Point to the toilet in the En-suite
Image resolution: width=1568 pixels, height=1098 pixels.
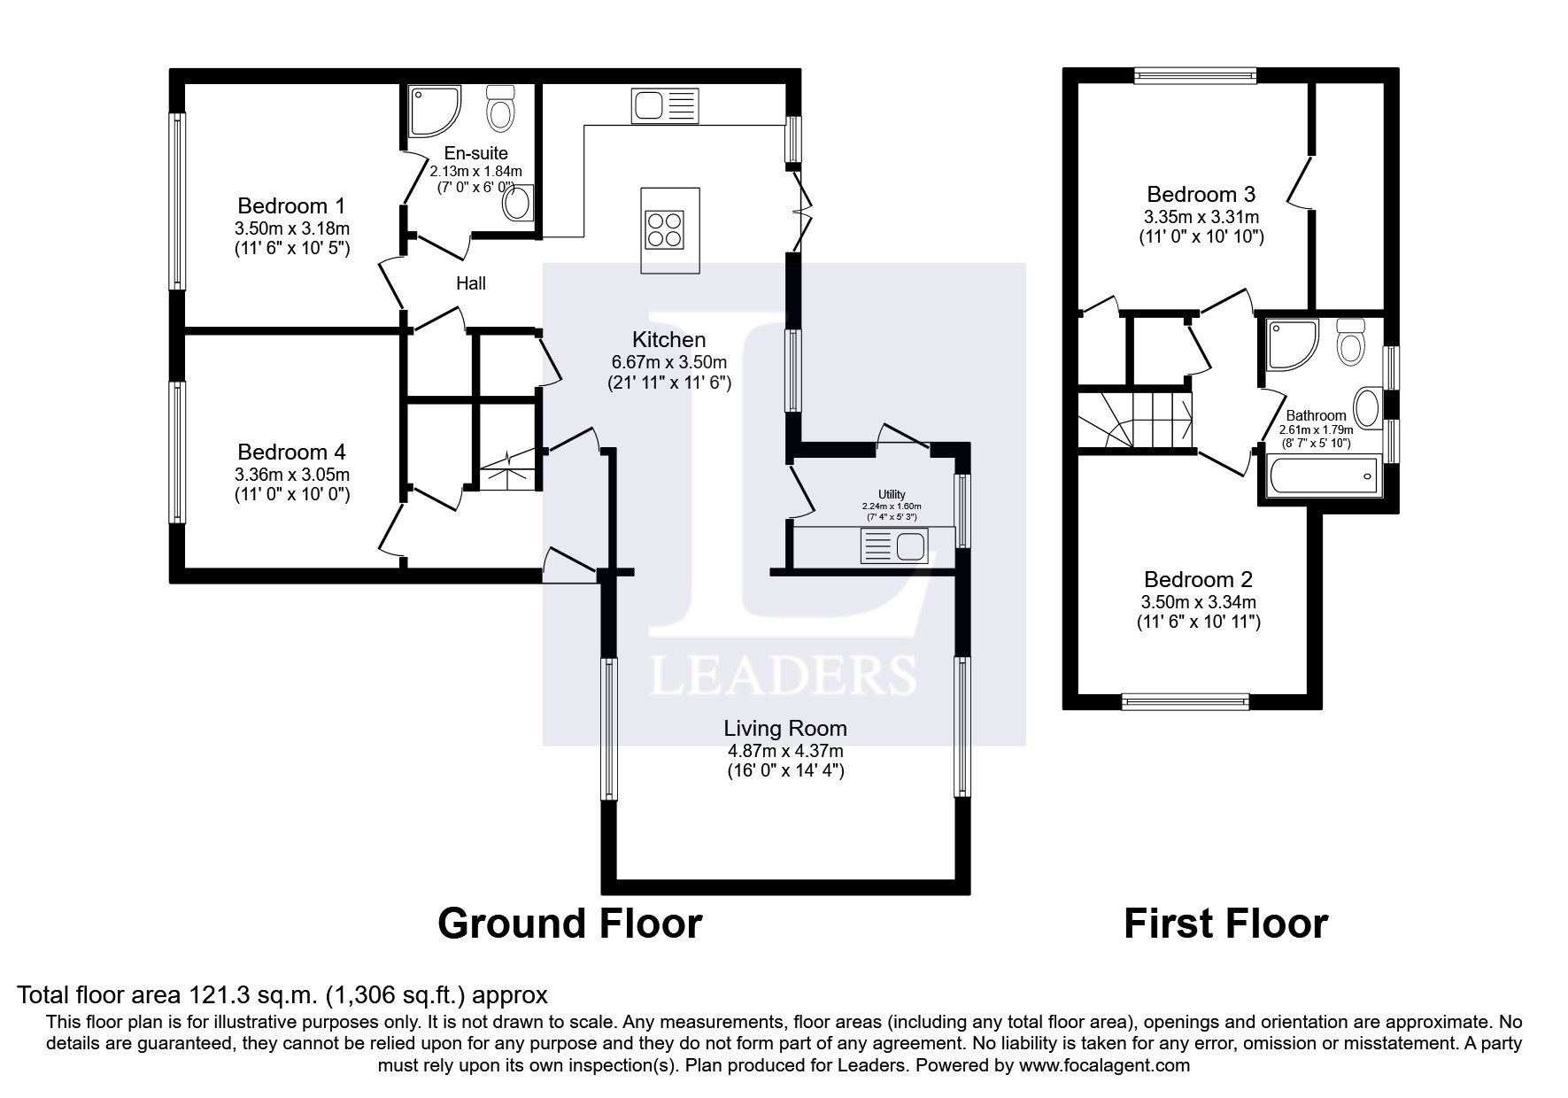tap(502, 108)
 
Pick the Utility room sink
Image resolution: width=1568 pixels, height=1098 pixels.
tap(894, 547)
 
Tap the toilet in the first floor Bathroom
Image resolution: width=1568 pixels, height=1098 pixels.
tap(1351, 341)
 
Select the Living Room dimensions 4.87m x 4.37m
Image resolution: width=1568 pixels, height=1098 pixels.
tap(785, 751)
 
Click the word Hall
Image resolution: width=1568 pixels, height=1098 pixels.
tap(471, 283)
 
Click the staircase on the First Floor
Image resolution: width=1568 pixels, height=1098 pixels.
tap(1136, 420)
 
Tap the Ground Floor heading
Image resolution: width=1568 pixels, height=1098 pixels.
tap(569, 924)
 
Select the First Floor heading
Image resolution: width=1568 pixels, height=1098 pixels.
tap(1225, 924)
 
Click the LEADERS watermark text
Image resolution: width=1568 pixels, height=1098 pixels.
tap(783, 675)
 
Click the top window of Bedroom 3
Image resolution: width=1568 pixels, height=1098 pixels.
tap(1195, 76)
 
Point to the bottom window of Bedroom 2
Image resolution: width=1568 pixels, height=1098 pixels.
tap(1186, 701)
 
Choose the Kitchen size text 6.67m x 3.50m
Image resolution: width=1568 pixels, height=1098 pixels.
tap(668, 362)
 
